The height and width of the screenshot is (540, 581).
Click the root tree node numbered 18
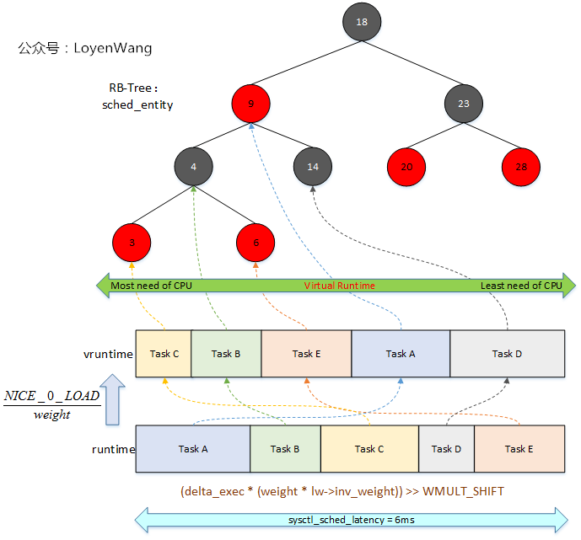(362, 22)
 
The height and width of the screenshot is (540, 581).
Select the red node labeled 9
(251, 104)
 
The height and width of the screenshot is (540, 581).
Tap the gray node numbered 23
(463, 104)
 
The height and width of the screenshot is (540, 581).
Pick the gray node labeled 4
(193, 167)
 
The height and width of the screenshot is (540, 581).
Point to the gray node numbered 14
(313, 167)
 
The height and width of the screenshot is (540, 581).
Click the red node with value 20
(406, 167)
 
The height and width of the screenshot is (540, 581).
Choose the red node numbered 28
(520, 167)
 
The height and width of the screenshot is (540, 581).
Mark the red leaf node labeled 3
(132, 243)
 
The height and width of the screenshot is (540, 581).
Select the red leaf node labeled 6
(256, 243)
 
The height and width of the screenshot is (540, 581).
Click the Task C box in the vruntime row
(164, 354)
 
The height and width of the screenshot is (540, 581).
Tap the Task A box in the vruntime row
(401, 354)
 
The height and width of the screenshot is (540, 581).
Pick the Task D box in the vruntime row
(507, 354)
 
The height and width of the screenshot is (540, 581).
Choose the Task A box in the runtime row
(193, 449)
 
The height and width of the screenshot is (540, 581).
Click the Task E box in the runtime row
(519, 449)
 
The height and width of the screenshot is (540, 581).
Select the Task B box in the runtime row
(285, 449)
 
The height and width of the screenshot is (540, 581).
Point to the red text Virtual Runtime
(339, 286)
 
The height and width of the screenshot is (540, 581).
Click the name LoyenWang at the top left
(113, 48)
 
